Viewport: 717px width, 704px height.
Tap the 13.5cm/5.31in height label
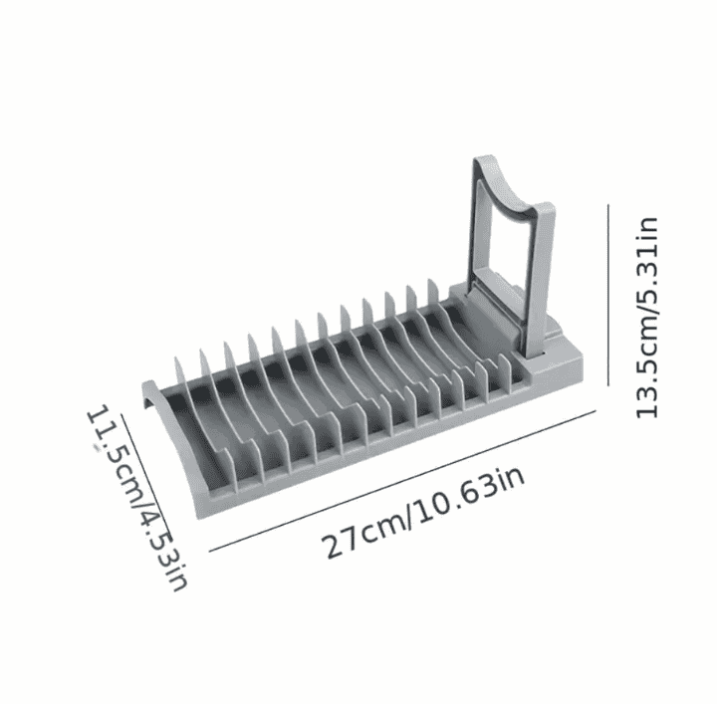647,318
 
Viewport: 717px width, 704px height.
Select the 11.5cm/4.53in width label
136,498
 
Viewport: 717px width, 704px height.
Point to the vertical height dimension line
608,295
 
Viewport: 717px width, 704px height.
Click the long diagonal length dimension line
402,481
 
